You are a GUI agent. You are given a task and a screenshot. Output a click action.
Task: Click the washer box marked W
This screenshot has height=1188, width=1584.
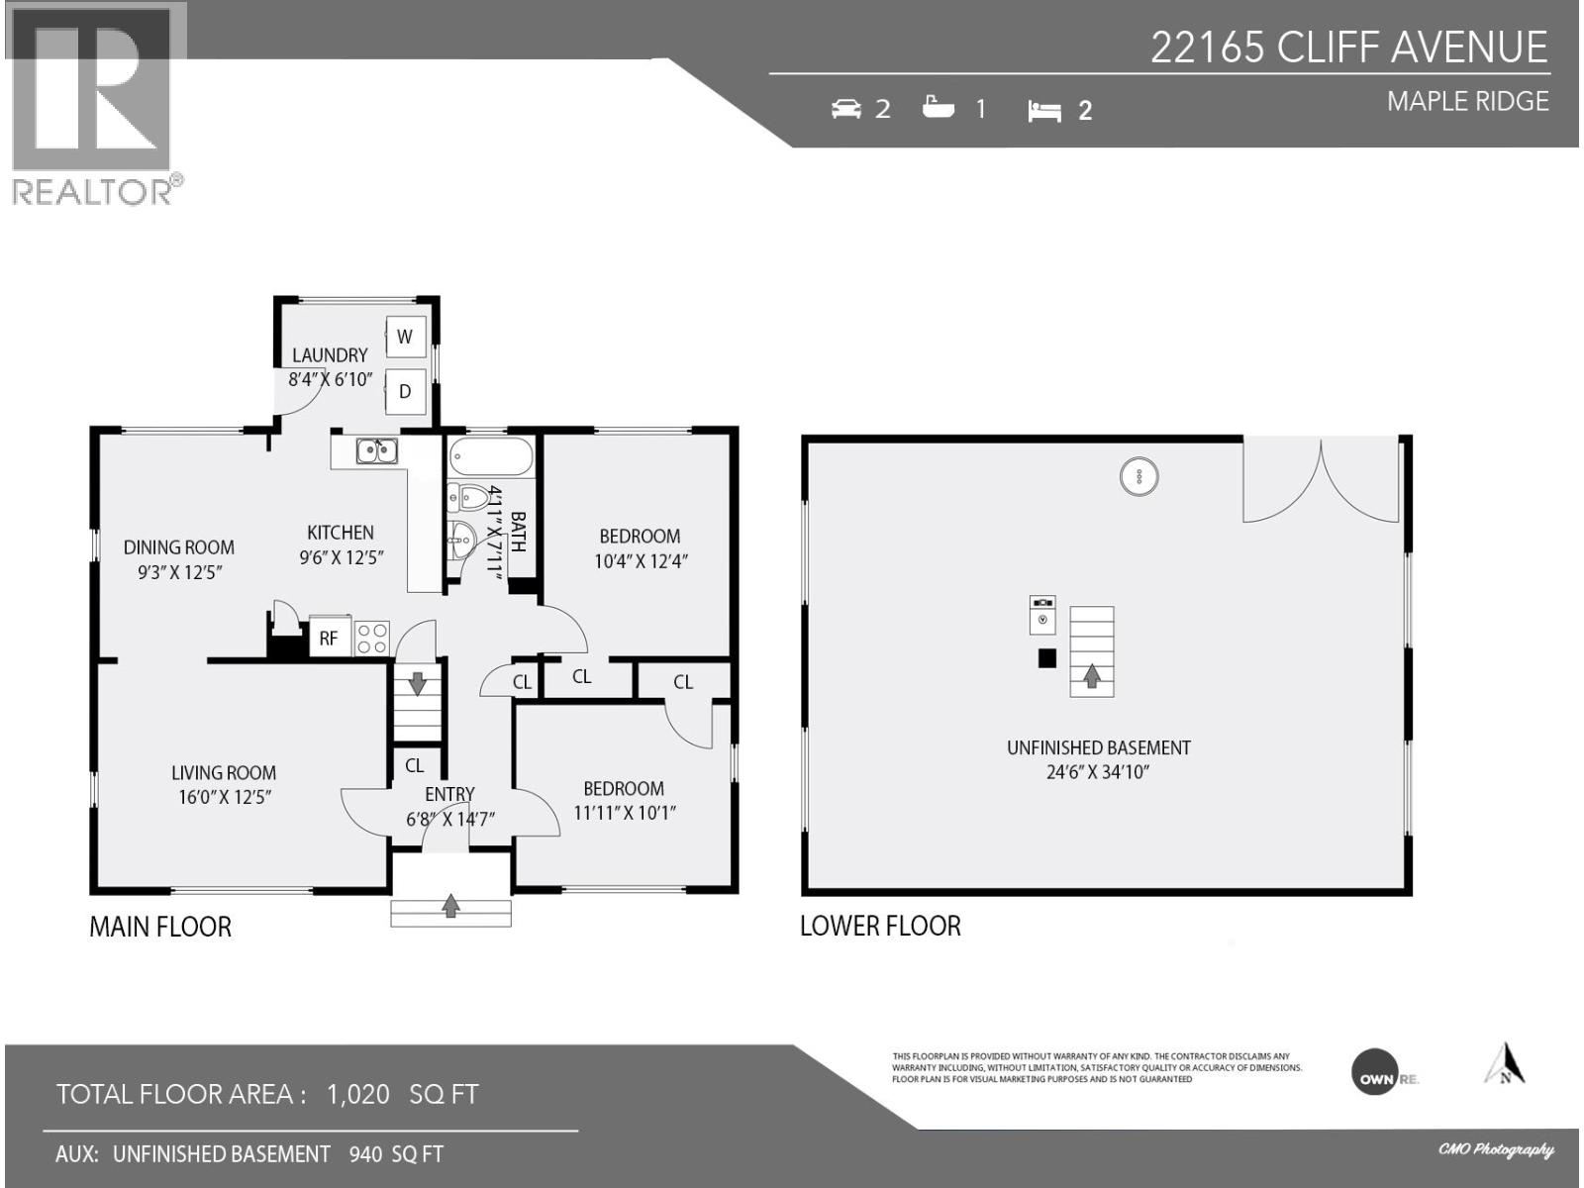405,337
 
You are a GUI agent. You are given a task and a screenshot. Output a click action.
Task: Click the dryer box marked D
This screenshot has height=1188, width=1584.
405,391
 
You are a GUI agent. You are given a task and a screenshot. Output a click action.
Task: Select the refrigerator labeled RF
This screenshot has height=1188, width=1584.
329,639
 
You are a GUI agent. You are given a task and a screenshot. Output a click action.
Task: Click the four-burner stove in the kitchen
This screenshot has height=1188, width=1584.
372,638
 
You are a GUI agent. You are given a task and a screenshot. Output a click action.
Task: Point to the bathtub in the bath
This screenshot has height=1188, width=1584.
491,458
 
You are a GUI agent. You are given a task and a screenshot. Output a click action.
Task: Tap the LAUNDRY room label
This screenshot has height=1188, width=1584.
330,354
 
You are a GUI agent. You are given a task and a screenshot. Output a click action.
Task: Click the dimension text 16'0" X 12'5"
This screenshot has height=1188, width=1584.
224,798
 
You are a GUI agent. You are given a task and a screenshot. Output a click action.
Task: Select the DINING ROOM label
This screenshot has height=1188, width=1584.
179,546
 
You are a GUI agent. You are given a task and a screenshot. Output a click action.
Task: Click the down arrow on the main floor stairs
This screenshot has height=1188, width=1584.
418,682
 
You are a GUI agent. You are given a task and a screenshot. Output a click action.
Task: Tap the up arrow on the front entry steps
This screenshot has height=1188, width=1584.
451,904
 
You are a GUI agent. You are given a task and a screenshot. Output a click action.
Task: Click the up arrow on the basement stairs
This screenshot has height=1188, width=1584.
1092,676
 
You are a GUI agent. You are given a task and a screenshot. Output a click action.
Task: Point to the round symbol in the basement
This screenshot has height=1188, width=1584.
1139,476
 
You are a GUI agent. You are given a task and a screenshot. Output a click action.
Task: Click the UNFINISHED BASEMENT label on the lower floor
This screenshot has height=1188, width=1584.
1098,748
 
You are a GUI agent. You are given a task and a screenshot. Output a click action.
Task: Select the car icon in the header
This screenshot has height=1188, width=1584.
845,109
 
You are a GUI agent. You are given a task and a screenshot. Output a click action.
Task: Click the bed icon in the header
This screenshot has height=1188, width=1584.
1044,110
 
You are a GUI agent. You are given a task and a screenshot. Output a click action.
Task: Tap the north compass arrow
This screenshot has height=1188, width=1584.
1505,1064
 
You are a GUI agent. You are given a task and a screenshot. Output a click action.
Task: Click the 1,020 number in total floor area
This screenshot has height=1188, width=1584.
358,1094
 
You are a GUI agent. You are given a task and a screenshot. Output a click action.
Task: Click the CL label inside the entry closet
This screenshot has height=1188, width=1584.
415,765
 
